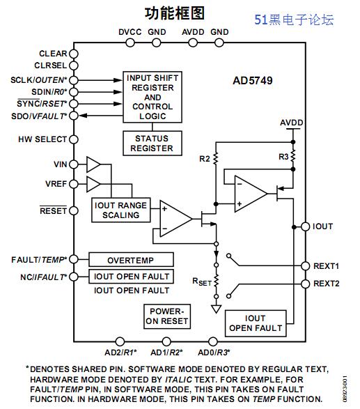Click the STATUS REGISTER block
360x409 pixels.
(152, 144)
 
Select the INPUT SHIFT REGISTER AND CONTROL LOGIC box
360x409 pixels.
(152, 97)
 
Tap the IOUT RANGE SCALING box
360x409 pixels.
(121, 210)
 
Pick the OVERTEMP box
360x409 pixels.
(131, 259)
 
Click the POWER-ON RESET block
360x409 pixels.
(167, 316)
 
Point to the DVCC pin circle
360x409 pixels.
(130, 43)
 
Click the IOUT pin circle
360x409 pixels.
(306, 226)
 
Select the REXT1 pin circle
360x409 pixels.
(306, 266)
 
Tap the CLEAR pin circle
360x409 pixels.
(74, 54)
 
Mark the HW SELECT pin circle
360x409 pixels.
(74, 139)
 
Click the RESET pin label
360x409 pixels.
(53, 210)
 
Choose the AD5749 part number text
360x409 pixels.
(253, 81)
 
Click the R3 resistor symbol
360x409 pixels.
(293, 155)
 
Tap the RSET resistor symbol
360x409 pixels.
(216, 281)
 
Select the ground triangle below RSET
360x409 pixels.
(216, 309)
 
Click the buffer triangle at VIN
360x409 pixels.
(93, 164)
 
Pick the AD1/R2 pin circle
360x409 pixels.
(166, 341)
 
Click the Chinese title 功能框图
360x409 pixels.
(174, 13)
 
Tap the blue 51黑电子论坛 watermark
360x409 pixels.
(294, 20)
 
